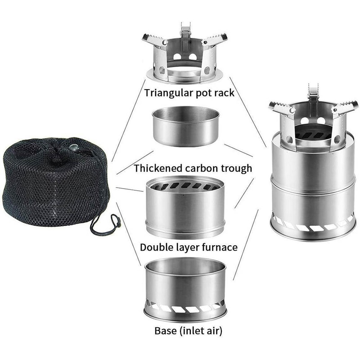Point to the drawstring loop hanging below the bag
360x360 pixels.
(108, 225)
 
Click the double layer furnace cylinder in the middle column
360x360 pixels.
(185, 209)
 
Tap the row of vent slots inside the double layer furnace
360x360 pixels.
(184, 185)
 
